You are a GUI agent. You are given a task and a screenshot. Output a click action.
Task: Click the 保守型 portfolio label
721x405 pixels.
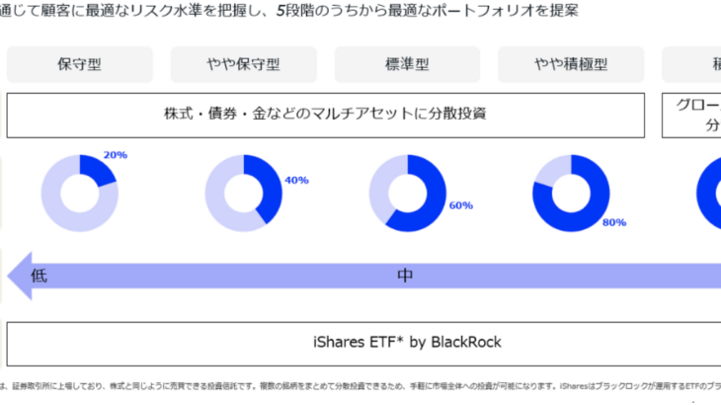tap(79, 65)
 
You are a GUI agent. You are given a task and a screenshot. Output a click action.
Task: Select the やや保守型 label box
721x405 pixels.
tap(243, 65)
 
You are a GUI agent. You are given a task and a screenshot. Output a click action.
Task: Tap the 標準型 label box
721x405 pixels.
tap(407, 65)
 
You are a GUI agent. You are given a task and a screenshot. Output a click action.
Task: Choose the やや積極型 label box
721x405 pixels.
tap(571, 65)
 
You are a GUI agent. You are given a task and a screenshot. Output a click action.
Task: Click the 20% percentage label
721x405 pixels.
tap(115, 155)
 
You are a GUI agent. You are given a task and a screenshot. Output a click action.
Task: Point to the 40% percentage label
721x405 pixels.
tap(296, 180)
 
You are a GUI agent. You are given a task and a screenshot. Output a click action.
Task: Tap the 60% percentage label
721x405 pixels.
tap(460, 205)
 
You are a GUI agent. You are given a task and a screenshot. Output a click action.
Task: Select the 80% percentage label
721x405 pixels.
tap(613, 222)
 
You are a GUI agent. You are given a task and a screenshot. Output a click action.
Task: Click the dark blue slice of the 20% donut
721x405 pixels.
tap(100, 168)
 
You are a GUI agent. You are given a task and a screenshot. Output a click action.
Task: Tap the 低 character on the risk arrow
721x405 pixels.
tap(40, 276)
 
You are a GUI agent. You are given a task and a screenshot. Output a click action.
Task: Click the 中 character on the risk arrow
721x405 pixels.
tap(405, 276)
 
